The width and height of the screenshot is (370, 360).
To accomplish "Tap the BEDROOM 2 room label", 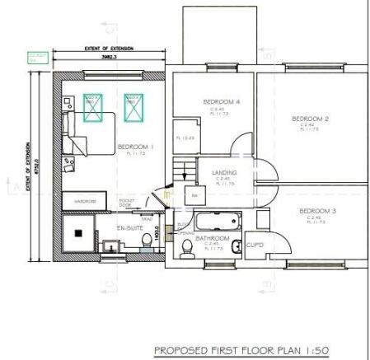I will coord(311,119).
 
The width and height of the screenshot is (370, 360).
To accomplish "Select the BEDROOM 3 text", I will coord(317,211).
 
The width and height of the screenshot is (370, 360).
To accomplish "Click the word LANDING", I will coord(225,172).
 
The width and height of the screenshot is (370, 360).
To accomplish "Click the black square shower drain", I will coord(78,234).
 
